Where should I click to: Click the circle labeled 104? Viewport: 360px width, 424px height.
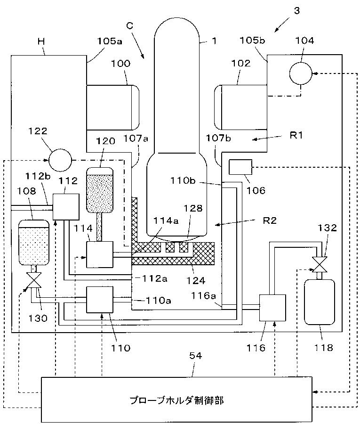[301, 73]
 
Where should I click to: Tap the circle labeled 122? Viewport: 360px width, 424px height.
[60, 160]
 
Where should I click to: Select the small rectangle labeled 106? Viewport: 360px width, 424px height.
[240, 167]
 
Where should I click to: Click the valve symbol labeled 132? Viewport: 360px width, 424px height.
[320, 264]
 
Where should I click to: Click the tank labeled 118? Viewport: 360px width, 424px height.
[320, 302]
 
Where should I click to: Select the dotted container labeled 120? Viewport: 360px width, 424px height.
[100, 189]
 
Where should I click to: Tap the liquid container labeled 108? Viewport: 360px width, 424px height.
[33, 242]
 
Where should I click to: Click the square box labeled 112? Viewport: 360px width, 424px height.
[66, 207]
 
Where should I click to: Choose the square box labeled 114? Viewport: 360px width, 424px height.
[100, 254]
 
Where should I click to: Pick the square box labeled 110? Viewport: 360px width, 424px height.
[100, 300]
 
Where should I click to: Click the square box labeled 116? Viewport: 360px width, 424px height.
[272, 308]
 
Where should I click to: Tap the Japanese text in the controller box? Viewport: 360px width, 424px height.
[176, 400]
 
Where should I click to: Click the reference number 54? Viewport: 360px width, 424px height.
[195, 356]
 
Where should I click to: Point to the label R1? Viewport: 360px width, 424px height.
[296, 135]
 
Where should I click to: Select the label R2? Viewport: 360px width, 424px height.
[270, 220]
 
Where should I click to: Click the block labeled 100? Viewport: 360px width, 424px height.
[112, 107]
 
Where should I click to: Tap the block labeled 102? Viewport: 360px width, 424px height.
[240, 107]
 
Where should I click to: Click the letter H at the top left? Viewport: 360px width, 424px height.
[41, 41]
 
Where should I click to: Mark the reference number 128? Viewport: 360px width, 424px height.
[193, 208]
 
